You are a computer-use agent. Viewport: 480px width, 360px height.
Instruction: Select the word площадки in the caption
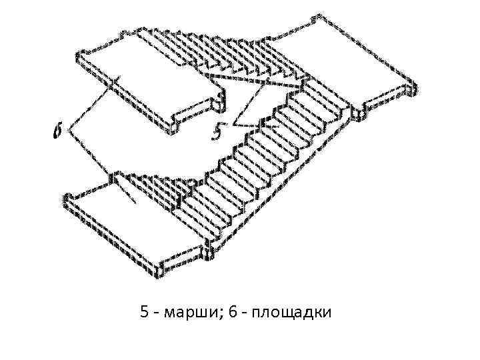(292, 311)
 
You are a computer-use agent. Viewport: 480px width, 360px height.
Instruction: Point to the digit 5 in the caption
(145, 311)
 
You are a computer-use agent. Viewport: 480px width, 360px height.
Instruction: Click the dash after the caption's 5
(157, 313)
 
